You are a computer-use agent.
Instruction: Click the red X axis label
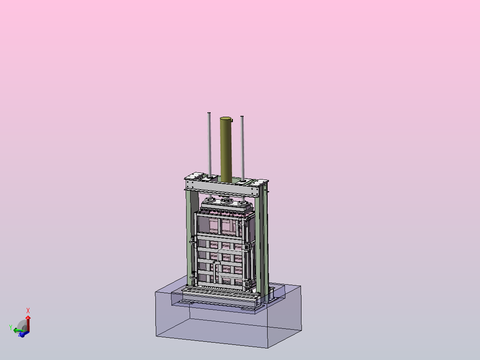click(x=28, y=311)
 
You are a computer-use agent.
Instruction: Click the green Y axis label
click(x=11, y=327)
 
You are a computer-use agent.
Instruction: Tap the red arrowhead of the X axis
click(x=28, y=317)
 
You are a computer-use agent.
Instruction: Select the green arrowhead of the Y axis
click(x=15, y=330)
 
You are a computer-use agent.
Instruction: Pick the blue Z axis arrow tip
click(x=21, y=334)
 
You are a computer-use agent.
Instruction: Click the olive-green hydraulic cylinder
click(x=226, y=149)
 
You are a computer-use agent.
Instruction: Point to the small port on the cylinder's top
click(x=232, y=120)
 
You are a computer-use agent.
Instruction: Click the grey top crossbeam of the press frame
click(x=223, y=188)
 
